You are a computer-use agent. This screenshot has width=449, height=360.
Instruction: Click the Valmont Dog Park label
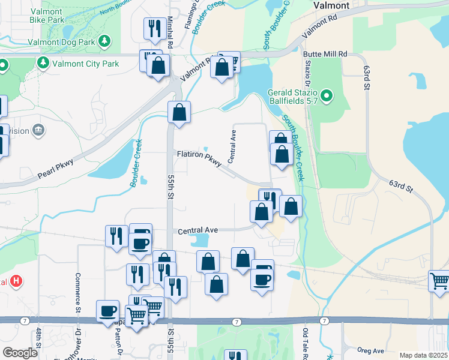pyautogui.click(x=61, y=42)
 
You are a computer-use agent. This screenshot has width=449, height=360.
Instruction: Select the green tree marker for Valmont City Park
pyautogui.click(x=44, y=63)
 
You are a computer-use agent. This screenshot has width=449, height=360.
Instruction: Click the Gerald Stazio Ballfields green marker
pyautogui.click(x=326, y=95)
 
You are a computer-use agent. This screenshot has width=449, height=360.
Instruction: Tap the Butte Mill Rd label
pyautogui.click(x=326, y=53)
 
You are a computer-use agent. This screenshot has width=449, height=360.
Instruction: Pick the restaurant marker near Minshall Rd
pyautogui.click(x=155, y=27)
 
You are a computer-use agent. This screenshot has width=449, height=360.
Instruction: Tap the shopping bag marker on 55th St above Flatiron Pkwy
pyautogui.click(x=179, y=112)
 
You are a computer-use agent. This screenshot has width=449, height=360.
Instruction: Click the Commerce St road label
pyautogui.click(x=78, y=293)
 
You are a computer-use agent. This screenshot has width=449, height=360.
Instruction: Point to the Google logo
pyautogui.click(x=20, y=353)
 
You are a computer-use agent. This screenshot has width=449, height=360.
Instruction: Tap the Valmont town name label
pyautogui.click(x=331, y=5)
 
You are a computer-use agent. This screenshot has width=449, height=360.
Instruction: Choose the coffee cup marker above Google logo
pyautogui.click(x=108, y=311)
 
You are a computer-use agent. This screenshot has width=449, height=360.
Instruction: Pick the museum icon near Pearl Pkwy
pyautogui.click(x=40, y=130)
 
